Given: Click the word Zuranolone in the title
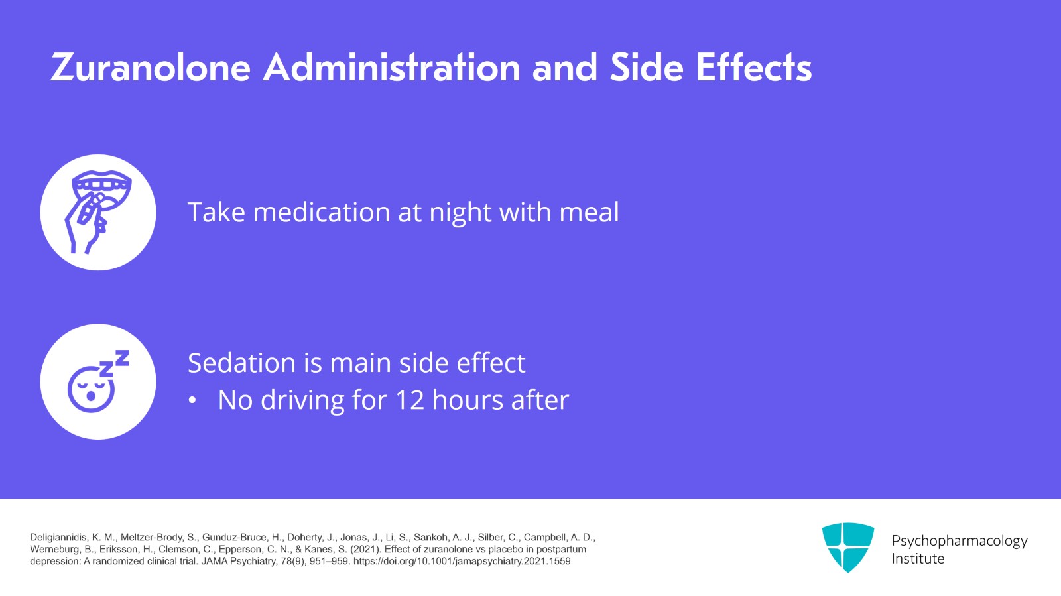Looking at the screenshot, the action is pos(151,68).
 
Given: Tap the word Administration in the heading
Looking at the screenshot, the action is pos(392,67).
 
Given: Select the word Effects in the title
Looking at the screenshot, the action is pos(753,67).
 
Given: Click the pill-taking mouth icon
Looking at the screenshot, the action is pos(98,212).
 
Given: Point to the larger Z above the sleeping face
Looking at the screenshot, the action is pos(122,358).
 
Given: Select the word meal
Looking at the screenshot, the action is pos(589,211).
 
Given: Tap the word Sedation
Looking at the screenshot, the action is pos(241,363).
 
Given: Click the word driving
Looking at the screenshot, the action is pos(302,402).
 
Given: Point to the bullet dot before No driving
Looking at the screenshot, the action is pos(192,400).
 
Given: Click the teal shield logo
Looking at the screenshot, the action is pos(848,547).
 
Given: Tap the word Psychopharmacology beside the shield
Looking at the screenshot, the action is pos(960,541).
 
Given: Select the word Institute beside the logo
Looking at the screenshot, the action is pos(918,559).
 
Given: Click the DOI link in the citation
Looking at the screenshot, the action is pos(462,562).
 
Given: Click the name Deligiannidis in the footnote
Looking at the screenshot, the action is pos(58,538).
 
